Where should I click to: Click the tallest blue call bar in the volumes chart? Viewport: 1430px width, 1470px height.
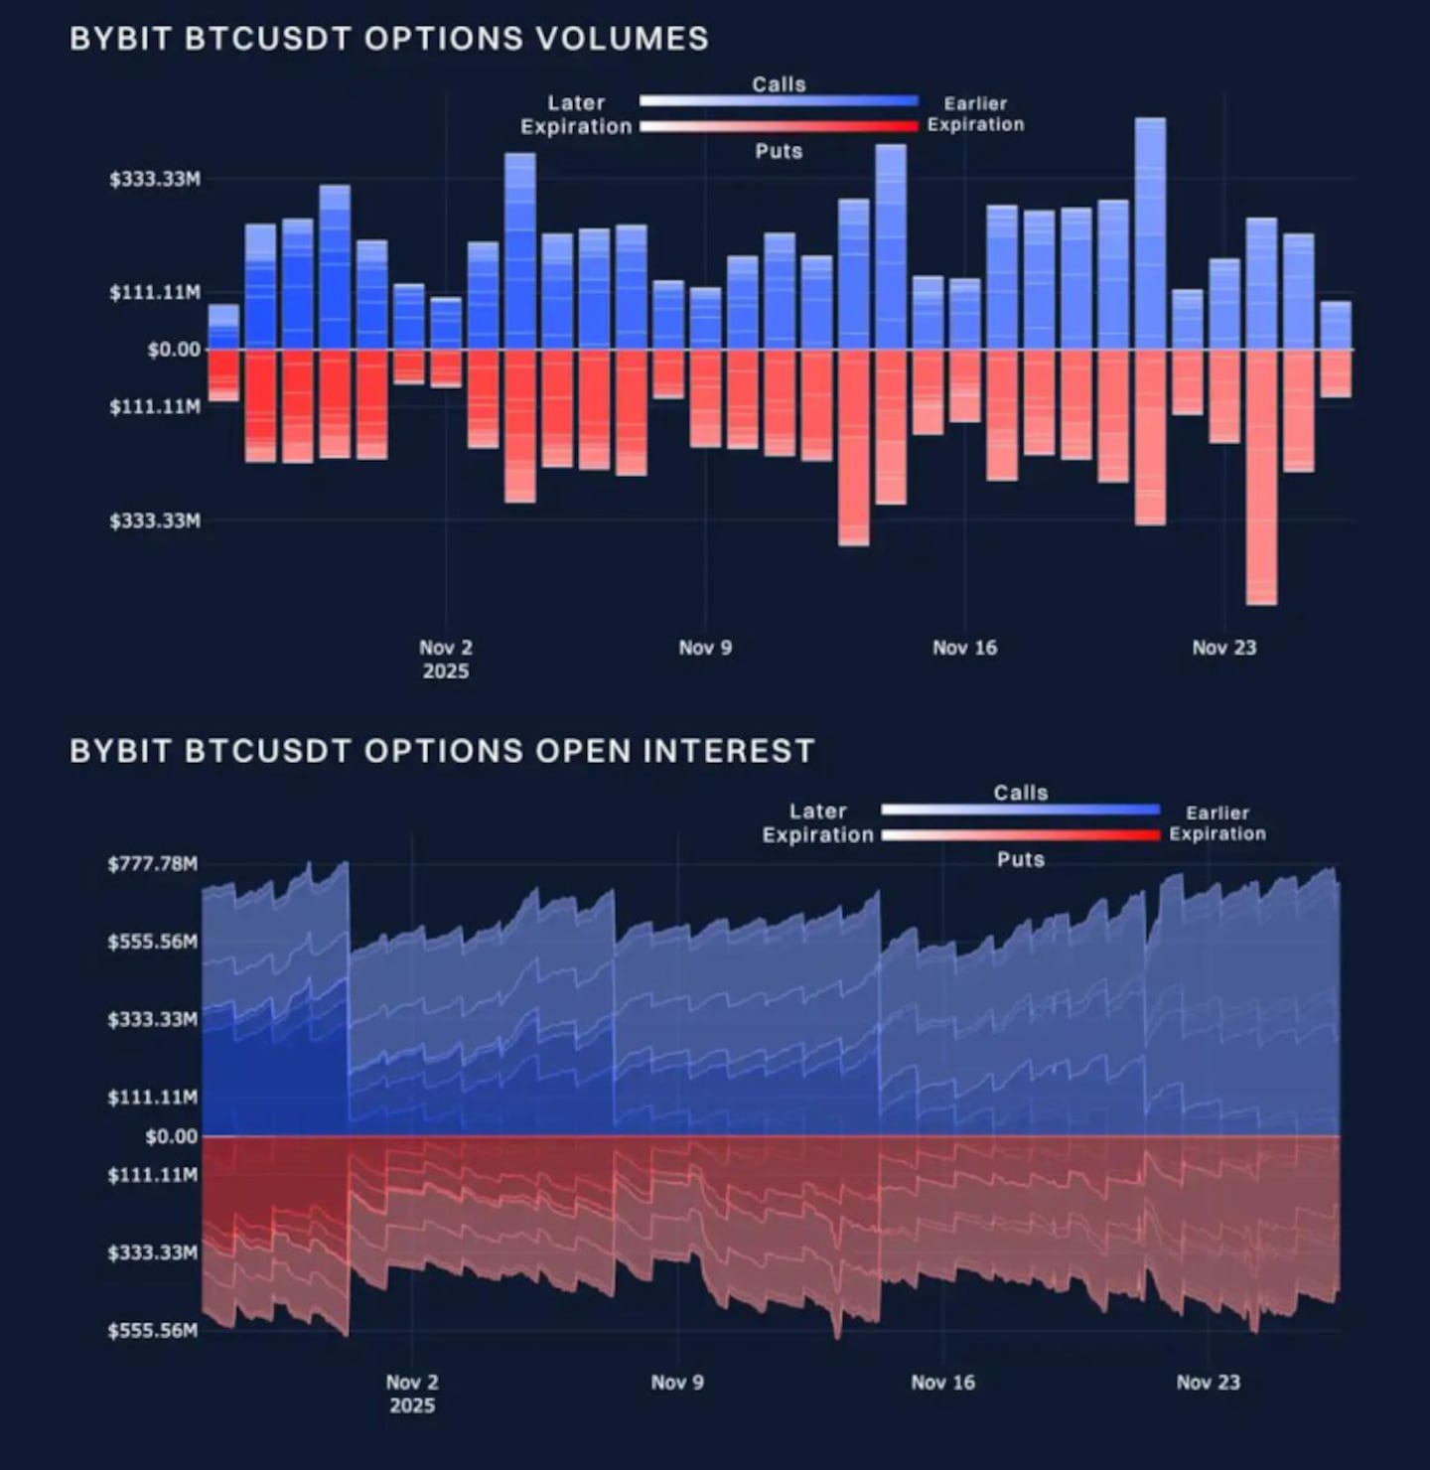click(1150, 233)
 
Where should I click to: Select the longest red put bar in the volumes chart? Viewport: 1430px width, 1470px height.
click(1261, 477)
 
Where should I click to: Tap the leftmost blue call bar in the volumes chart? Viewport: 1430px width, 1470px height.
click(223, 327)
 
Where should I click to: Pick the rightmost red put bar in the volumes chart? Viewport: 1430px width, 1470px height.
click(1336, 373)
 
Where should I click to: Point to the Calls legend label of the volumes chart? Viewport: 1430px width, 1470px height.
click(779, 84)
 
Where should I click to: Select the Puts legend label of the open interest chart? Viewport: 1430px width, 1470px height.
click(1021, 859)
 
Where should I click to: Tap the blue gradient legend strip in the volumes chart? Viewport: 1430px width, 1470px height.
click(779, 101)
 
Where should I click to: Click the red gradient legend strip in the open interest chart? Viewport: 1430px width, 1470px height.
click(1021, 835)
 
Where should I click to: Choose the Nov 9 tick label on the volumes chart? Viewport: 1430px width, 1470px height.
click(705, 648)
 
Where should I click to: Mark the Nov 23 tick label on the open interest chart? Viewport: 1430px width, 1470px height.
click(1208, 1382)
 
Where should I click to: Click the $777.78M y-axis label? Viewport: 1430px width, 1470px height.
click(153, 863)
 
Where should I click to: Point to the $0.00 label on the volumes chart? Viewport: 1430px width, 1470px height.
click(174, 350)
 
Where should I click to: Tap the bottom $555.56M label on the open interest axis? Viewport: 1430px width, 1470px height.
click(153, 1330)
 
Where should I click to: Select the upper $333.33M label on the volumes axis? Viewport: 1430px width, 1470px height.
click(155, 179)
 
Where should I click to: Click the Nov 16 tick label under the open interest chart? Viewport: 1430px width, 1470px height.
click(942, 1382)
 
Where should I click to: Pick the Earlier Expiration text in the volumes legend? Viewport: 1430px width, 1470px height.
click(975, 114)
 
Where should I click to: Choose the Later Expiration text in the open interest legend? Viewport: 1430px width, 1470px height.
click(817, 823)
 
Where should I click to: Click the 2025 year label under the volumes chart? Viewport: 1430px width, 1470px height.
click(445, 671)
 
